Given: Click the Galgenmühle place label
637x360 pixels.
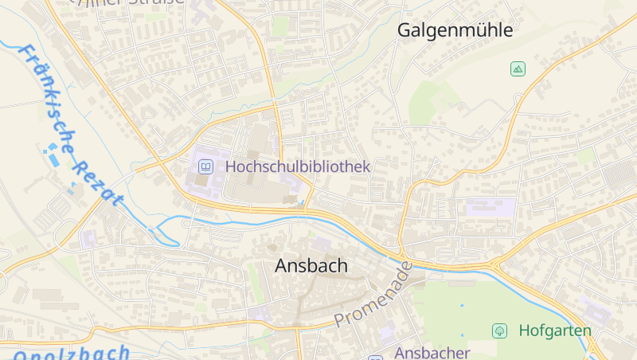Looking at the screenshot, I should [x=455, y=31].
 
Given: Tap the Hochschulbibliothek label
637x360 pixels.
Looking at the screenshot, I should [x=298, y=166].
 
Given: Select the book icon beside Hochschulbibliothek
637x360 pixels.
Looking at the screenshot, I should [x=205, y=166].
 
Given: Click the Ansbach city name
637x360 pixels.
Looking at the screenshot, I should [x=311, y=266].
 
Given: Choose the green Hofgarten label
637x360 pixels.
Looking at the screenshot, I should [x=555, y=330].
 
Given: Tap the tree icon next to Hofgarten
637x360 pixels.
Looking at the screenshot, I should [x=500, y=330].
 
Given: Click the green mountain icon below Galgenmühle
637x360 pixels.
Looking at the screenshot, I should [x=518, y=69].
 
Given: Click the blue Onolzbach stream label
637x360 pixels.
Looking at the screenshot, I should [x=72, y=353].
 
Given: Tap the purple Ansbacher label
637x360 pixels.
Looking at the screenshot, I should [x=432, y=352].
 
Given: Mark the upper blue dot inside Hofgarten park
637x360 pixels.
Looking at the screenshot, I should [x=461, y=305].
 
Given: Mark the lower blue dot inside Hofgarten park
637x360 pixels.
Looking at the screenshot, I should [x=461, y=335].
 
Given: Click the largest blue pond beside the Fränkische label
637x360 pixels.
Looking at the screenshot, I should [x=53, y=158].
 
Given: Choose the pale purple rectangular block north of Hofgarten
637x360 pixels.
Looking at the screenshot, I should [x=490, y=208].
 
